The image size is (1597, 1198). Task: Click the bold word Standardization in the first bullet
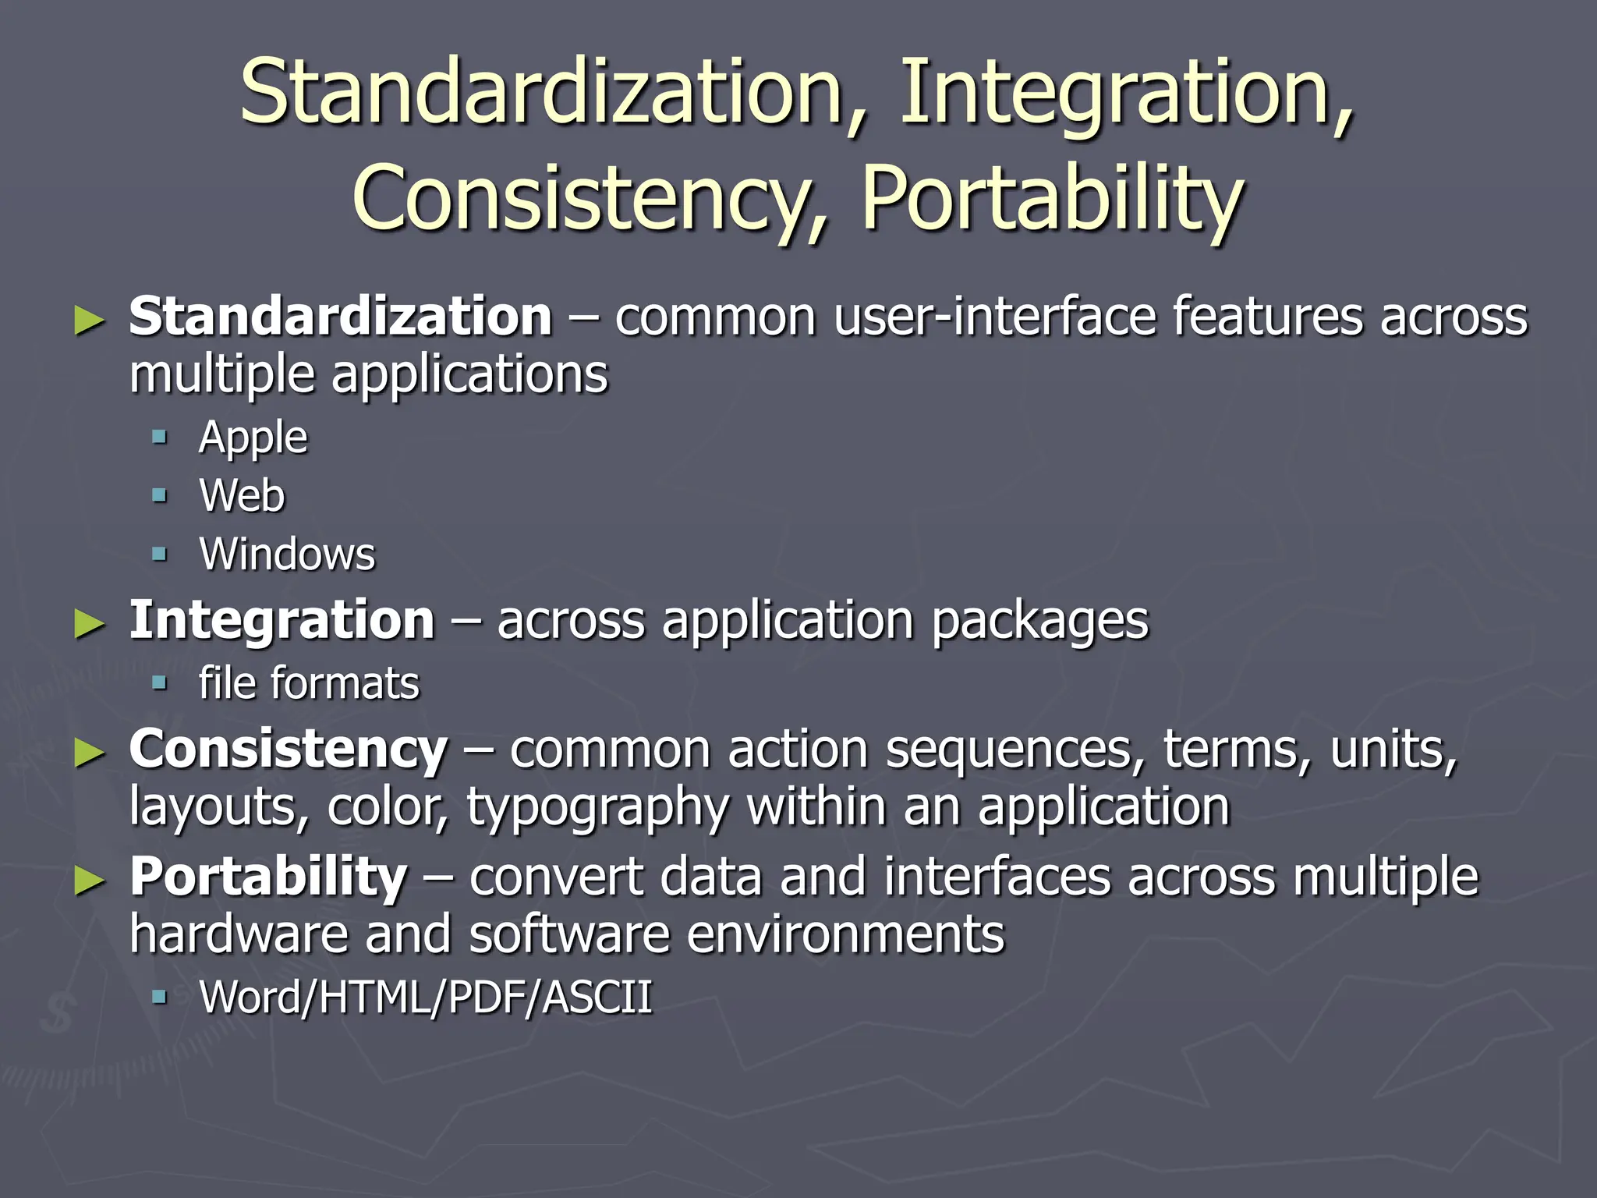(x=340, y=317)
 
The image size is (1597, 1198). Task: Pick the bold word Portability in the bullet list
(x=267, y=877)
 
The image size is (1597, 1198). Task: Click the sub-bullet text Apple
(x=253, y=438)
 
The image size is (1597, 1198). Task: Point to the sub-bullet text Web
(x=242, y=496)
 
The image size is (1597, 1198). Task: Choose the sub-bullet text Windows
(x=287, y=555)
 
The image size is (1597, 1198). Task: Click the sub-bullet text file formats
(x=309, y=684)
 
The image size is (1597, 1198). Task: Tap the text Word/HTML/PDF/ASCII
(x=425, y=998)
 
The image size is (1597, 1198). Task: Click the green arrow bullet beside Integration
(x=89, y=624)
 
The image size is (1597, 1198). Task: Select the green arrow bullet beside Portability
(x=89, y=881)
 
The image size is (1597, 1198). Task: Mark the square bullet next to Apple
(x=160, y=437)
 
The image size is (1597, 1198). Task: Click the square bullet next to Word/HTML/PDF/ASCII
(x=160, y=996)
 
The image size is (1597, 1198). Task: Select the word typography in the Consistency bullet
(x=597, y=807)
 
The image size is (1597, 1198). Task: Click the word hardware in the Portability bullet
(x=238, y=934)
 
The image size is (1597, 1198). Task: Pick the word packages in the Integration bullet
(x=1040, y=622)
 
